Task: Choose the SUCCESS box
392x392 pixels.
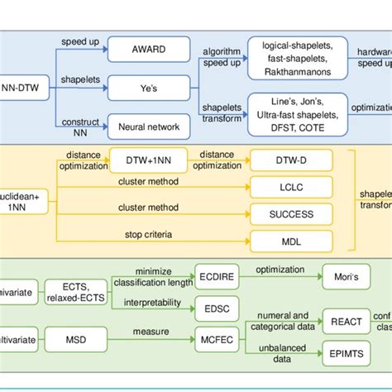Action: pos(290,213)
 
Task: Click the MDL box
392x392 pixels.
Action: pos(290,241)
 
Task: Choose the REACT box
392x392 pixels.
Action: pos(345,323)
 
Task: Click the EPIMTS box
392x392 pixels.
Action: pos(345,351)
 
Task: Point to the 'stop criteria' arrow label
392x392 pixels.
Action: pos(148,235)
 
